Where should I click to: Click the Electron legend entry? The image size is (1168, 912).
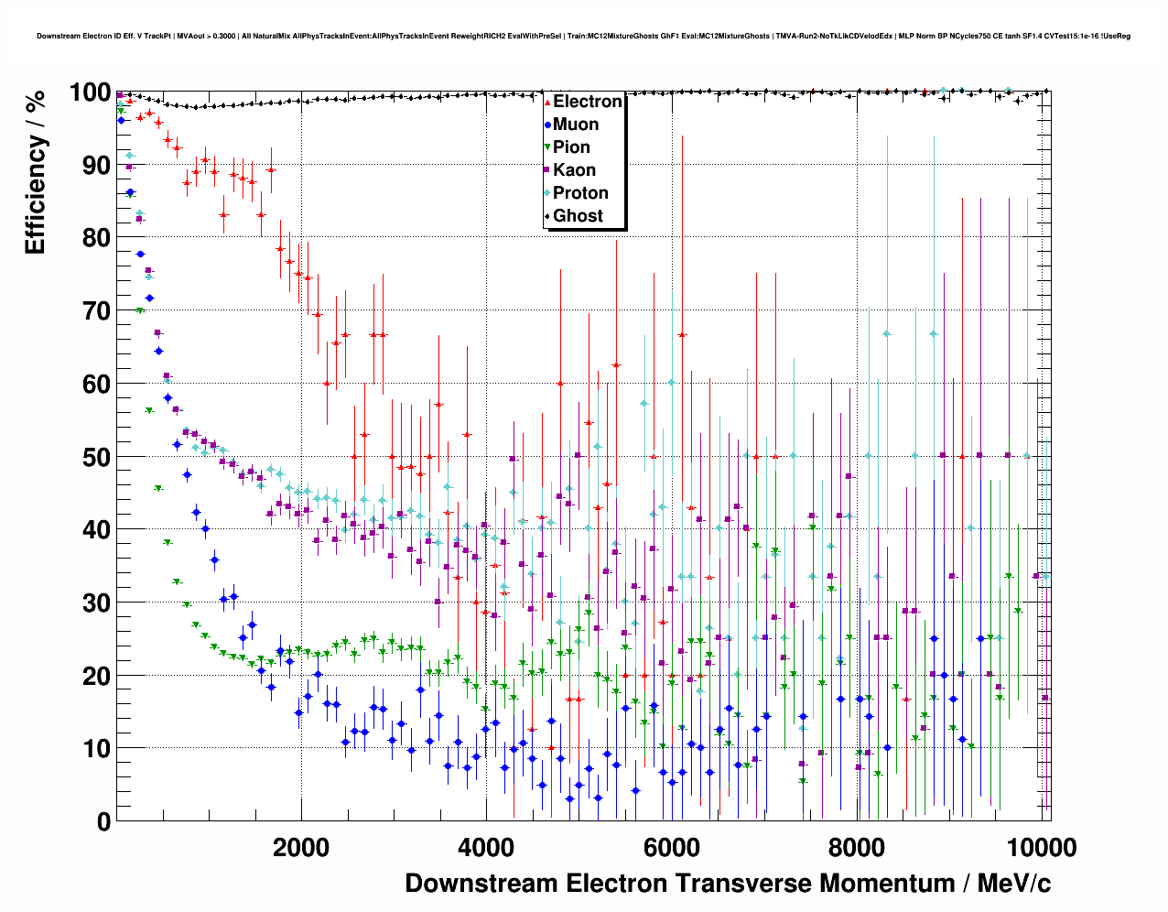click(587, 102)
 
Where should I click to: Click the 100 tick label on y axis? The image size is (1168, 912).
click(90, 92)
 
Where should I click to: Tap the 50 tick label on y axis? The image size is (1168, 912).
click(96, 457)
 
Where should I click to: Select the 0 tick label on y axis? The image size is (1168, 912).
click(103, 821)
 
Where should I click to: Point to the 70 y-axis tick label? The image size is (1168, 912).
click(96, 311)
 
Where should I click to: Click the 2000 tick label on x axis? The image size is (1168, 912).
click(301, 847)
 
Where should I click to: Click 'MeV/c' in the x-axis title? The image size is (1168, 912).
click(1013, 884)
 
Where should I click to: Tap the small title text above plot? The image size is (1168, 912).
click(583, 37)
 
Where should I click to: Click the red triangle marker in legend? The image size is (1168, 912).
click(547, 102)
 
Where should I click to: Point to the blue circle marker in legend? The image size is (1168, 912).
click(547, 125)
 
